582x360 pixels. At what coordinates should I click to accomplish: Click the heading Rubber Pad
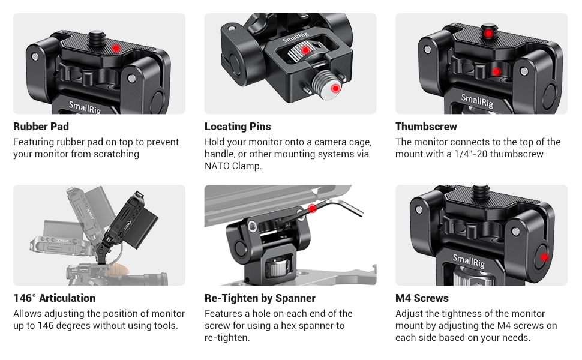click(x=41, y=127)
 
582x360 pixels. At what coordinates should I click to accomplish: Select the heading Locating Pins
click(x=238, y=127)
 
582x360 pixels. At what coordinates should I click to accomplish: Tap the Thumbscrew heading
click(x=426, y=127)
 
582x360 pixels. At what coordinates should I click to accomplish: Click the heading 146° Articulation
click(x=54, y=298)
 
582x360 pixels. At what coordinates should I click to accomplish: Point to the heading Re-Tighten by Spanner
click(x=260, y=298)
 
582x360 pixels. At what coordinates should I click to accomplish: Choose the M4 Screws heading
click(x=422, y=298)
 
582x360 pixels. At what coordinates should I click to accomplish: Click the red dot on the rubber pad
click(x=116, y=48)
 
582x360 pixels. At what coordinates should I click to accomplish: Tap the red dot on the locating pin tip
click(x=335, y=88)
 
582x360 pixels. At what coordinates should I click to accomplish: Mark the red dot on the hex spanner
click(x=312, y=208)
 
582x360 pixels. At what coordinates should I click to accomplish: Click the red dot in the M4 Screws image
click(x=544, y=257)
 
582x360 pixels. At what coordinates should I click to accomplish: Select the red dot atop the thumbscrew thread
click(x=489, y=34)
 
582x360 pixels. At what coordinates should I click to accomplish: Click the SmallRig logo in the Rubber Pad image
click(x=85, y=107)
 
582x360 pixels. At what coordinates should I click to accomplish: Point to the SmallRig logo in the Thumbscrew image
click(x=477, y=101)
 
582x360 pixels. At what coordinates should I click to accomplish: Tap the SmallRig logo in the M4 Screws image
click(x=469, y=261)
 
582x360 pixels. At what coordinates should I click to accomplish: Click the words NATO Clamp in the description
click(x=232, y=166)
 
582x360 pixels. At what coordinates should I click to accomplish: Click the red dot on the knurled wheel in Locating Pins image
click(x=305, y=50)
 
